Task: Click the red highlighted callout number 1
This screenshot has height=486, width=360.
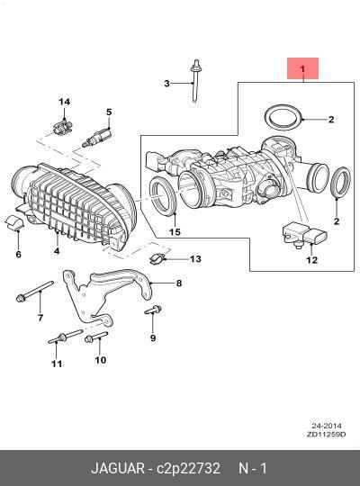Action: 302,68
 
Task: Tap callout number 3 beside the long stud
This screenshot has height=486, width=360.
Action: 166,84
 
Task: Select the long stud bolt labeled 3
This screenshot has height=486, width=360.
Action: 195,81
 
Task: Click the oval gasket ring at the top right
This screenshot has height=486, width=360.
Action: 283,118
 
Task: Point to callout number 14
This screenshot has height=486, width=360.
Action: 65,102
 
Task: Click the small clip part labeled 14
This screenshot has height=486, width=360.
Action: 63,128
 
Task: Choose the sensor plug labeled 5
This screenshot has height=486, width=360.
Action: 97,138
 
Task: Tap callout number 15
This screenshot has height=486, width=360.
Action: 175,232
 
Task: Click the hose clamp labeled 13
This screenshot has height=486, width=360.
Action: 157,258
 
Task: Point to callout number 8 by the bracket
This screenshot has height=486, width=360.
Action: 179,283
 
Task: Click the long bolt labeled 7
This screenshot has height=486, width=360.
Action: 34,291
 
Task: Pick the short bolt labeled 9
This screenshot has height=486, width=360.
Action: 153,310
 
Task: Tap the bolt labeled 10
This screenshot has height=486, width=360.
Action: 96,337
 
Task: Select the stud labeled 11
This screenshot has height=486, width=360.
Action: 66,337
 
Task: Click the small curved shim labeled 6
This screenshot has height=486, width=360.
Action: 14,222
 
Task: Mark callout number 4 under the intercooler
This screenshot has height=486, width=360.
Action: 57,250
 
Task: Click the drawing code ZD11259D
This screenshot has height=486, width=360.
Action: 326,434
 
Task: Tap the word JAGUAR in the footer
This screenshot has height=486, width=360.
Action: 118,468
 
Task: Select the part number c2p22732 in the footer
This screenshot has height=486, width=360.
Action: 188,468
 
